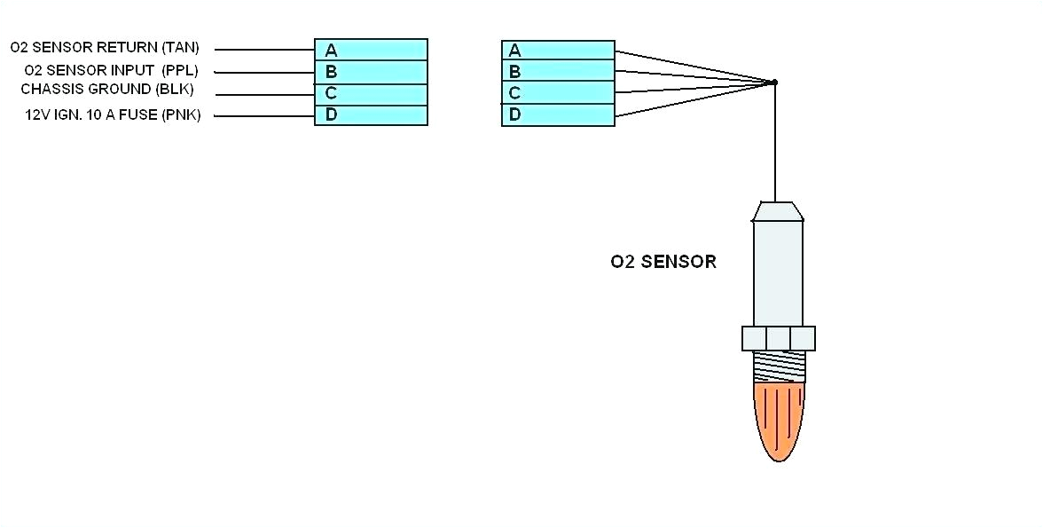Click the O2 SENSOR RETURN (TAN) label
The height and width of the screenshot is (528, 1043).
click(105, 48)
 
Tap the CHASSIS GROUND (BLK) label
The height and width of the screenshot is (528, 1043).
click(106, 90)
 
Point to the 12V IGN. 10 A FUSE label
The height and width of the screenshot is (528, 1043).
click(113, 114)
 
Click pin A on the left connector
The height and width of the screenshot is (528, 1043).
click(371, 50)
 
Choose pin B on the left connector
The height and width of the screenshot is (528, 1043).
click(371, 72)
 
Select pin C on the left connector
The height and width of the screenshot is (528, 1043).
click(371, 93)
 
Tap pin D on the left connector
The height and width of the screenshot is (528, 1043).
click(371, 114)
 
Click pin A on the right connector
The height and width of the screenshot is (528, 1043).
click(558, 51)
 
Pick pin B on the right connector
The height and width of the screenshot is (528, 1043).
click(558, 72)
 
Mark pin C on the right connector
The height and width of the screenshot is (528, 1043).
click(558, 93)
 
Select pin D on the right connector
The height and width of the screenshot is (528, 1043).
click(558, 114)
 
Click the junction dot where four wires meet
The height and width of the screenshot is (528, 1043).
click(774, 83)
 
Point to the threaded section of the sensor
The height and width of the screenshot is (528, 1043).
click(778, 366)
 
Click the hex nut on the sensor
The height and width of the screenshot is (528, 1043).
click(778, 338)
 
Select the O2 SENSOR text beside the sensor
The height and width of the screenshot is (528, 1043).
click(663, 262)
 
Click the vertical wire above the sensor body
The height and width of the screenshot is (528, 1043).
click(775, 142)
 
